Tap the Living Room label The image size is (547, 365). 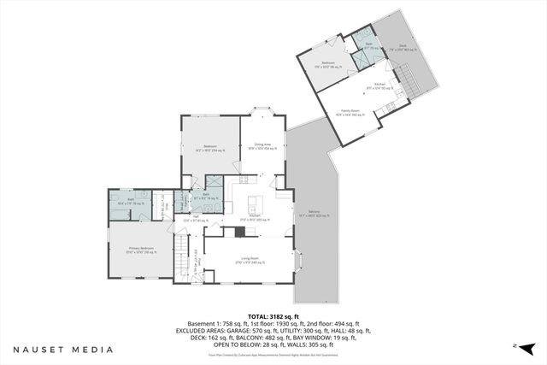[x=250, y=256]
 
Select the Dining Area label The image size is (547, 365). [x=262, y=146]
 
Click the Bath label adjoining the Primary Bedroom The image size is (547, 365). [x=131, y=200]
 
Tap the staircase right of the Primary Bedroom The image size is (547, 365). [x=182, y=256]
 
